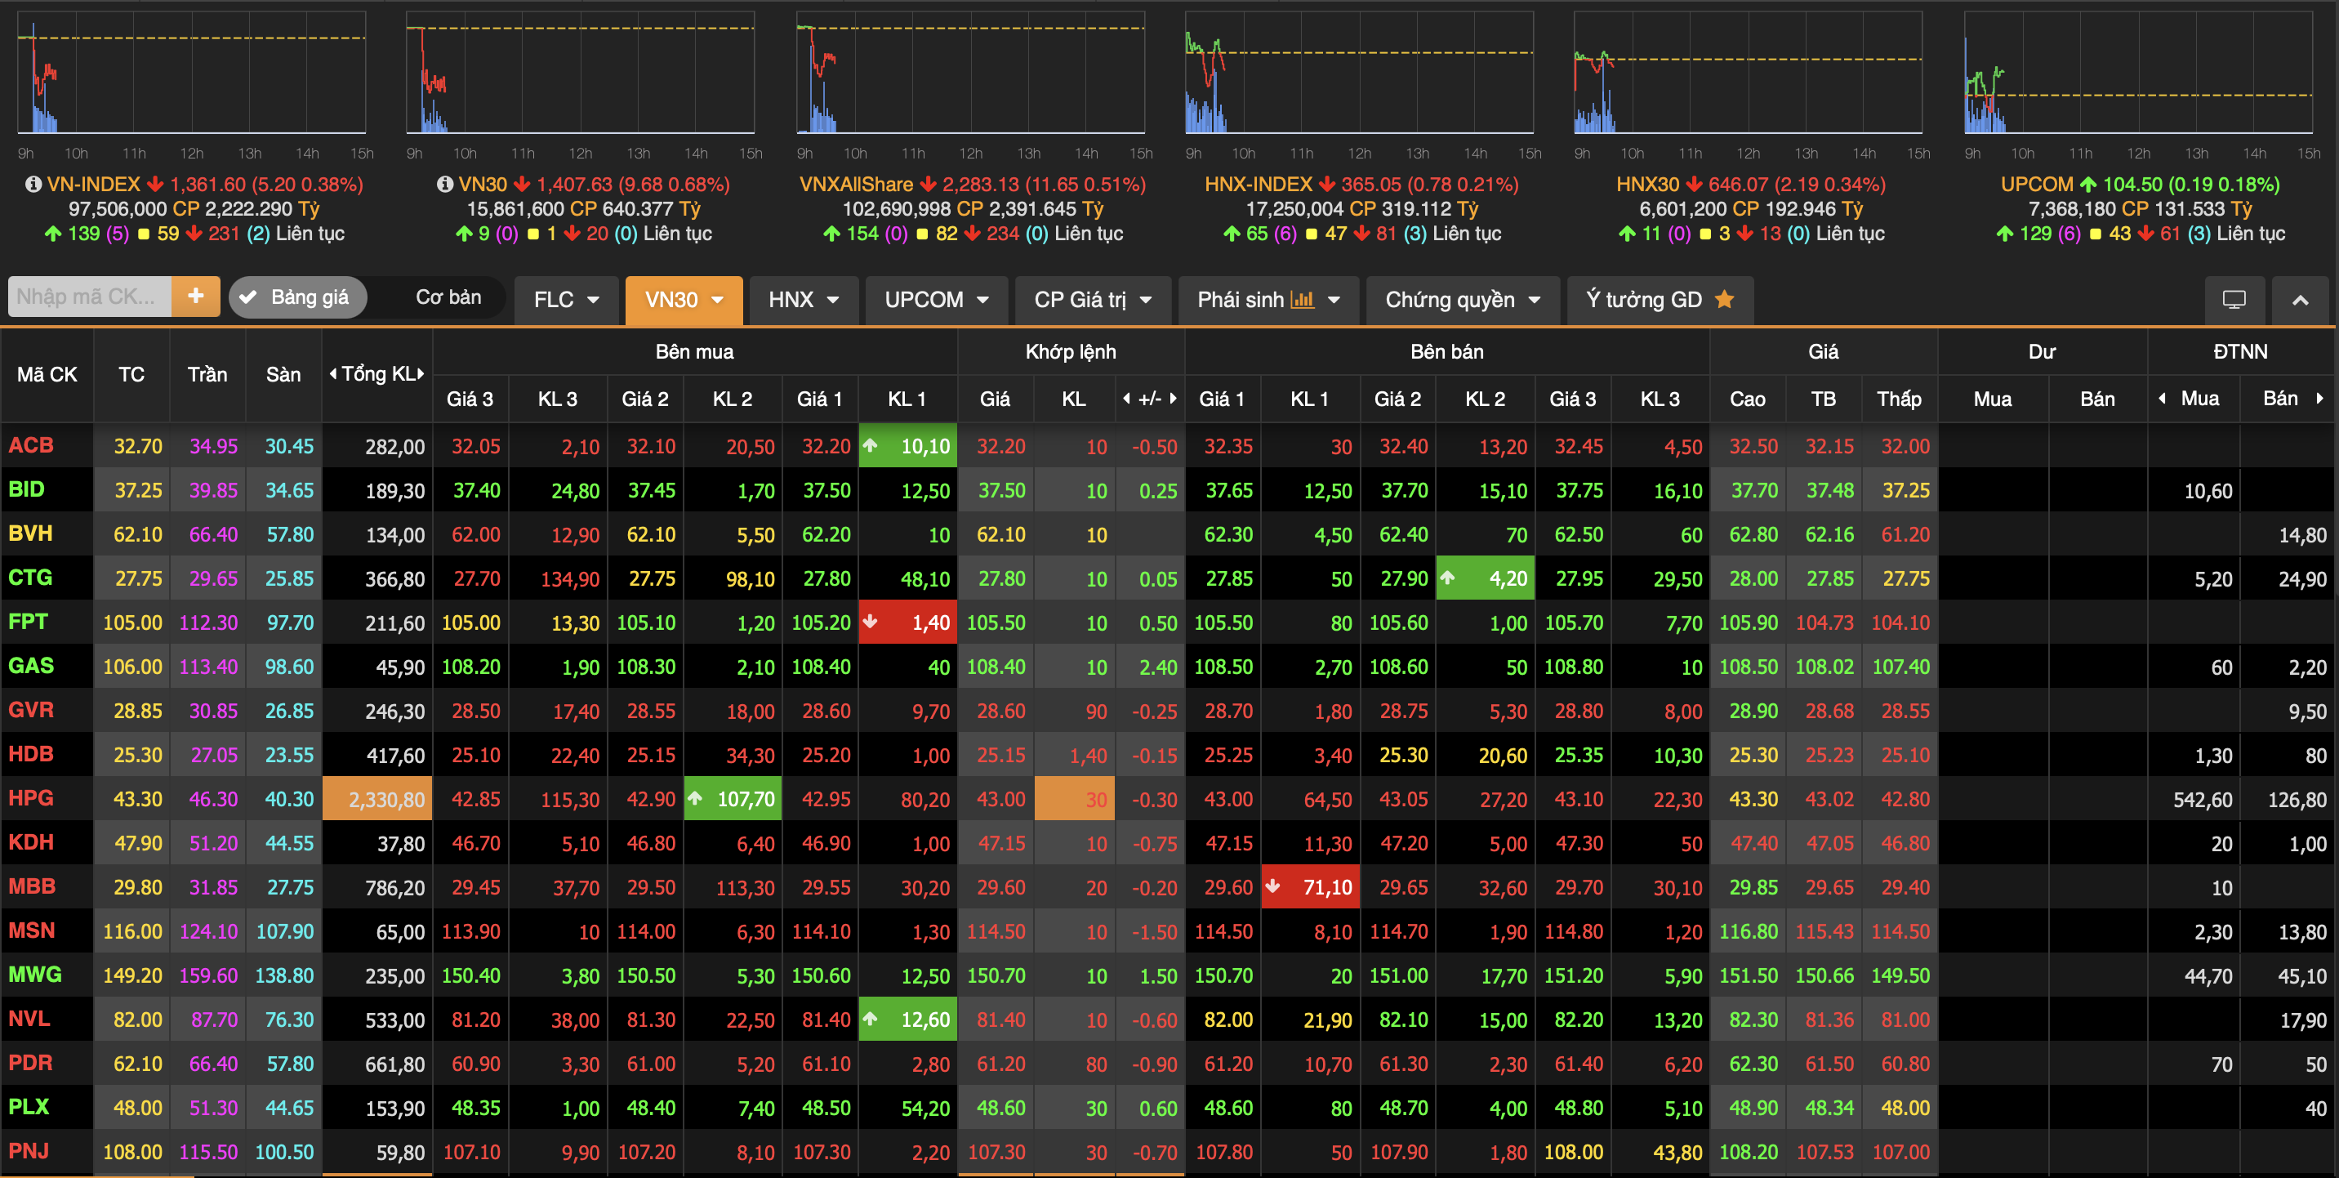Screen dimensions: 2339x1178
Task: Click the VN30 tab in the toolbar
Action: click(683, 300)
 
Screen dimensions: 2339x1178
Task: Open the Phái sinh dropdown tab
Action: click(1268, 300)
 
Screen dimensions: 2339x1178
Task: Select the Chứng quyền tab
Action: click(1462, 300)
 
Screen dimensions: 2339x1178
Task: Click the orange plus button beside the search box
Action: click(195, 296)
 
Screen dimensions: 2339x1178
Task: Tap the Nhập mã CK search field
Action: click(89, 296)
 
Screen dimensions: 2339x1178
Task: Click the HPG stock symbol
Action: click(31, 798)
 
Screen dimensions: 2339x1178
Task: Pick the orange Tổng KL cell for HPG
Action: click(376, 799)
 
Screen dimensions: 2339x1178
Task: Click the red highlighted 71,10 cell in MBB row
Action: click(1310, 887)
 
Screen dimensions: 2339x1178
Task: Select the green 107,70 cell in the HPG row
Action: click(733, 799)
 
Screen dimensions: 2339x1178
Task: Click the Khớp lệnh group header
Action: click(1071, 351)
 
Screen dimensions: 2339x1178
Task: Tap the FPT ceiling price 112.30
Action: click(208, 623)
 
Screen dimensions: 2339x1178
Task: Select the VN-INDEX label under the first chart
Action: click(94, 185)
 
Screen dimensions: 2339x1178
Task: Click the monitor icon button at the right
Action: click(2234, 300)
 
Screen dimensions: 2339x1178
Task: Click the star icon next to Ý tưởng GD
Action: click(1724, 299)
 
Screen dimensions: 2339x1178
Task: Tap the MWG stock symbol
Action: click(34, 975)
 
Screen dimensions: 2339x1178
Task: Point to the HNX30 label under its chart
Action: click(1647, 185)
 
